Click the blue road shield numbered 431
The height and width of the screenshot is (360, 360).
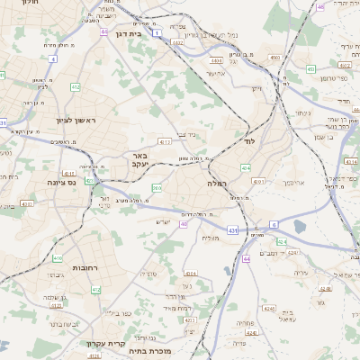[x=233, y=230]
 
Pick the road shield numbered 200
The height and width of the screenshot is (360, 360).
[x=157, y=188]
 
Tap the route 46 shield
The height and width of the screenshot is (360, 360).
[x=320, y=7]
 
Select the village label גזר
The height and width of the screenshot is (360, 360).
[x=321, y=303]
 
